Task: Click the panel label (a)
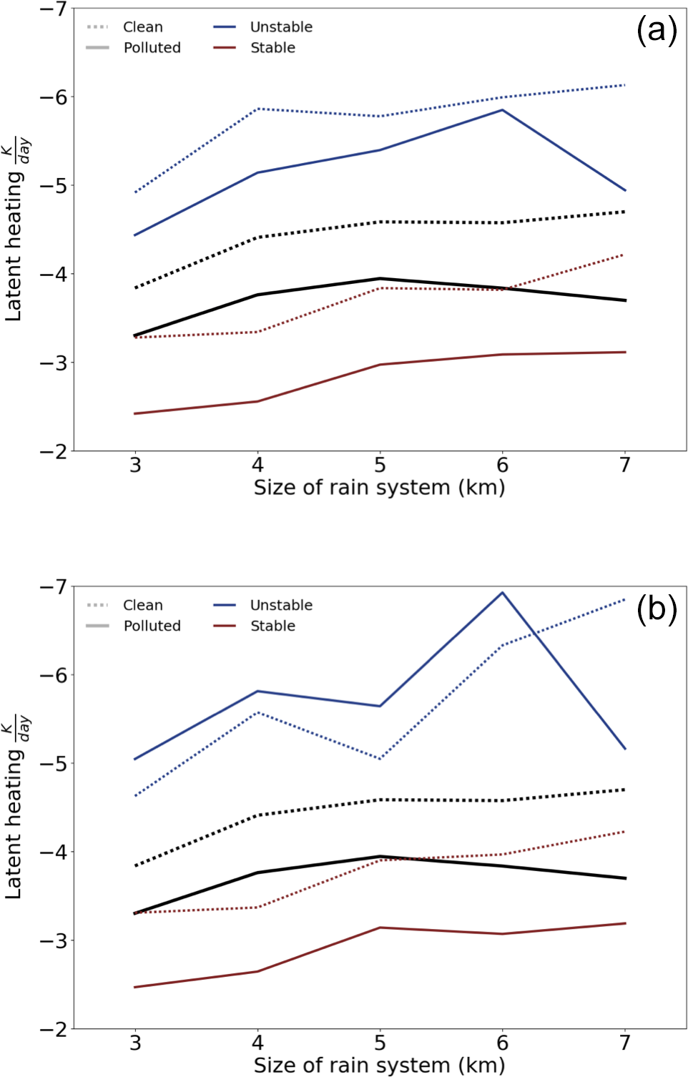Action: tap(656, 31)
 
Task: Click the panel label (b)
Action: tap(656, 609)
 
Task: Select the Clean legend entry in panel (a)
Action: tap(142, 27)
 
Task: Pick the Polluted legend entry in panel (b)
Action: tap(152, 626)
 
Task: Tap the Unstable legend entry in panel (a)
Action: tap(281, 27)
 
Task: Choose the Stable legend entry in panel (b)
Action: tap(272, 626)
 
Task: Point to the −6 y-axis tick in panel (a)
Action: tap(53, 97)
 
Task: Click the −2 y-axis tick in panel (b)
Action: tap(53, 1029)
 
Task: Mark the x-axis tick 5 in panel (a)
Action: tap(380, 466)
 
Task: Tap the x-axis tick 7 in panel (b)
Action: tap(625, 1043)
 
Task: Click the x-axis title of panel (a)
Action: tap(379, 488)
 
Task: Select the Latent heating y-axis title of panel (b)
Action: tap(14, 808)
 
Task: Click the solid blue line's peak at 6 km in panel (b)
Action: tap(503, 592)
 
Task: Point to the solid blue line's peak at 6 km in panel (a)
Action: tap(503, 110)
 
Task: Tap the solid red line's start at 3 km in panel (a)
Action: tap(135, 413)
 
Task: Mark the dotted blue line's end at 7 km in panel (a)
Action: tap(625, 85)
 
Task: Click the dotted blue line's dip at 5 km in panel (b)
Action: tap(380, 759)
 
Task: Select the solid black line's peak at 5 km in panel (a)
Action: tap(380, 278)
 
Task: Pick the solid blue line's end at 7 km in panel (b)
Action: tap(625, 749)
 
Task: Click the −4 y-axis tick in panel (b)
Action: tap(53, 852)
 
